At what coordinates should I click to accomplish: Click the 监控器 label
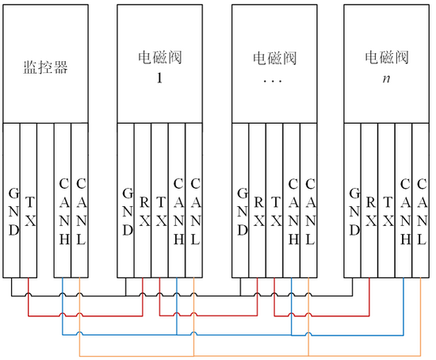(45, 67)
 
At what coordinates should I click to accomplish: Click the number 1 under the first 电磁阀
(159, 78)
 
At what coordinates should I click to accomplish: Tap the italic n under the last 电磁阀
(386, 79)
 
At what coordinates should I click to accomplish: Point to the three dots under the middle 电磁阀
(273, 81)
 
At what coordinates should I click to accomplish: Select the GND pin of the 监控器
(11, 201)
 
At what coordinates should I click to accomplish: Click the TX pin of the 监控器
(29, 201)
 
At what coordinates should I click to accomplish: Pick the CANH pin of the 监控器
(63, 201)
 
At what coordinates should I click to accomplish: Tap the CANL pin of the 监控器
(80, 201)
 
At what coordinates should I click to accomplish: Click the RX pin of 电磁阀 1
(143, 201)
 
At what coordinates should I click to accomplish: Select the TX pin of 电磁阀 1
(160, 201)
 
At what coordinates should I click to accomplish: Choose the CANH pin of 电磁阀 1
(177, 201)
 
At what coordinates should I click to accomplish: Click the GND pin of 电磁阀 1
(126, 201)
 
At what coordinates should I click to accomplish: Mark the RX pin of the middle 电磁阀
(258, 201)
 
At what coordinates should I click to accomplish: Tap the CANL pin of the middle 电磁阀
(308, 201)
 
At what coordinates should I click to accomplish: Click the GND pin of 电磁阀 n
(353, 201)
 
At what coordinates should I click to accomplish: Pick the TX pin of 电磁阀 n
(387, 201)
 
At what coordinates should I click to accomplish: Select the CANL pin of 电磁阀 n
(421, 201)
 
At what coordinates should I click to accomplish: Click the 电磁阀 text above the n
(387, 58)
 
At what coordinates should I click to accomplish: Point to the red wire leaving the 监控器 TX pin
(86, 316)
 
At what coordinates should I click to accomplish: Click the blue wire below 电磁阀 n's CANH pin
(403, 306)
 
